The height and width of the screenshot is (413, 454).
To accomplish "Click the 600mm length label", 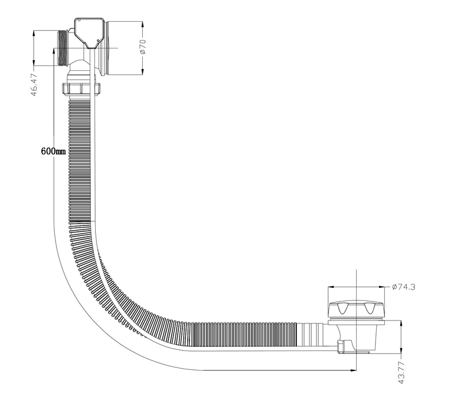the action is [x=53, y=151].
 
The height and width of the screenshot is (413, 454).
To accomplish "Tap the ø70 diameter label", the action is [x=143, y=47].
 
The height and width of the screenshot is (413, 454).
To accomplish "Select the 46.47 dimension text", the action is [x=34, y=85].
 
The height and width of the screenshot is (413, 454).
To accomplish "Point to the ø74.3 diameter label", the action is [x=403, y=287].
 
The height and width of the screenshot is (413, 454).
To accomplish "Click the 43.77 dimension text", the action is [x=401, y=372].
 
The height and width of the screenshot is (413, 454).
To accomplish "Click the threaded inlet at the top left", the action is [x=63, y=48].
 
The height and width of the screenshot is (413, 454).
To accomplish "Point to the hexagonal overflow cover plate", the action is [x=90, y=32].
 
